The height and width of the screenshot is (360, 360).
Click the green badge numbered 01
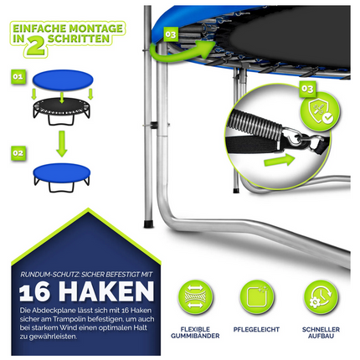(18, 76)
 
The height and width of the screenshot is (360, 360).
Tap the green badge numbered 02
(18, 153)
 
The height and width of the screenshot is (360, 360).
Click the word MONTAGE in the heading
(95, 28)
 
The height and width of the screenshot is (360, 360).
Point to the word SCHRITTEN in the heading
(79, 39)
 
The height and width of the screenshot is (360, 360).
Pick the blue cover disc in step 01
(63, 80)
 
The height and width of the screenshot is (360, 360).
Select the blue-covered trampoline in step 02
(62, 177)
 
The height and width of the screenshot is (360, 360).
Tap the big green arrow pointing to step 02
(62, 144)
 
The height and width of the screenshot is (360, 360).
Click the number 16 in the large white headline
(35, 292)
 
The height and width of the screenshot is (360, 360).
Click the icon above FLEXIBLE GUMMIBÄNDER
(195, 297)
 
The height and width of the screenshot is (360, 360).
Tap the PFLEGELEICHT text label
(256, 329)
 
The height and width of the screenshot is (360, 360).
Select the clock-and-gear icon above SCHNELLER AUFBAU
(321, 297)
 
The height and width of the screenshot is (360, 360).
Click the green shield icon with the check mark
(321, 111)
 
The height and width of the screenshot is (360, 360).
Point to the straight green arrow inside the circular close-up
(280, 160)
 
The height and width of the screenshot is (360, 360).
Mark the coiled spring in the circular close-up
(256, 123)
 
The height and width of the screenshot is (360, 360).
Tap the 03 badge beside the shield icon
(307, 89)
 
